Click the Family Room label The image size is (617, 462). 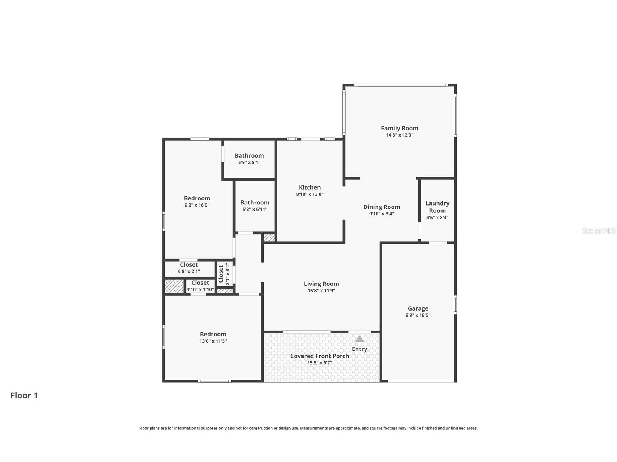click(399, 128)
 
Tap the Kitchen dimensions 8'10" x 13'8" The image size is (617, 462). click(309, 194)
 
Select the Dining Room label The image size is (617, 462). click(381, 207)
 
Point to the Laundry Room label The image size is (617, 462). click(437, 207)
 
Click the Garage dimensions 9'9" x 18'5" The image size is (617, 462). click(418, 315)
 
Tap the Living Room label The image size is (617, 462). click(321, 284)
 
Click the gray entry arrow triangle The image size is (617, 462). click(360, 339)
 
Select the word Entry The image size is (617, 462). click(360, 349)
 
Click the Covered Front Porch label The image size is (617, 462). click(320, 356)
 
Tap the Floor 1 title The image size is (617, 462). click(24, 396)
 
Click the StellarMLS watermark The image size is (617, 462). click(599, 231)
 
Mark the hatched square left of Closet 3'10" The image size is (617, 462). click(174, 286)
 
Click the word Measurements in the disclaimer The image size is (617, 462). click(312, 428)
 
